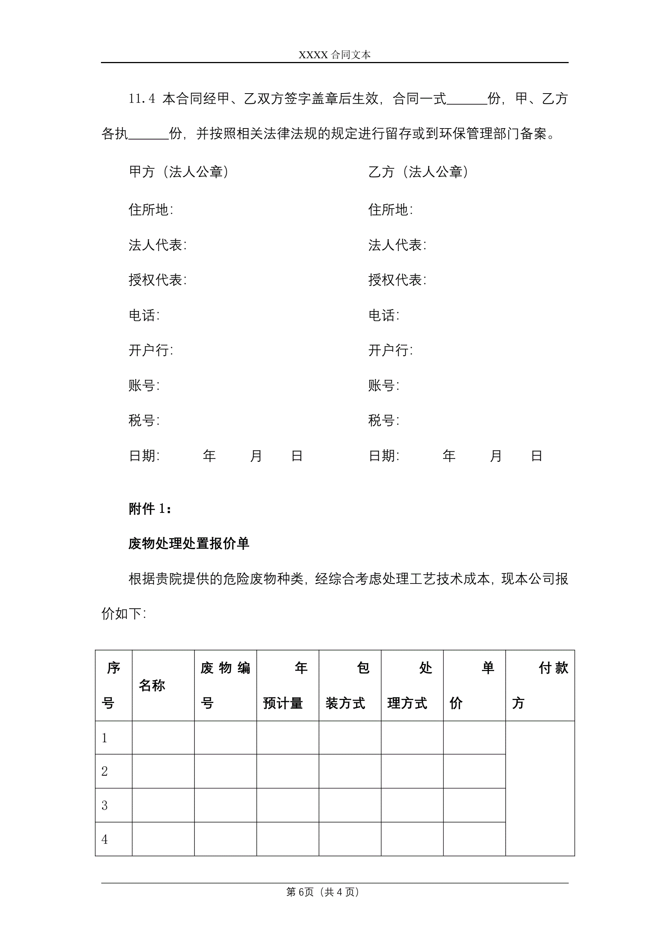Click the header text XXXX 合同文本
click(x=334, y=54)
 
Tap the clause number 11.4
click(x=142, y=99)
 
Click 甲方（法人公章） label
click(x=179, y=172)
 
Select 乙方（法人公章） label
click(x=419, y=172)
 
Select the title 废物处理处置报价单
click(x=188, y=543)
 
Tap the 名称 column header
click(x=152, y=685)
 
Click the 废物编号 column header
click(x=225, y=685)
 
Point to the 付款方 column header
click(x=540, y=685)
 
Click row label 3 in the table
click(x=105, y=805)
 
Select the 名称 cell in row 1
click(x=163, y=738)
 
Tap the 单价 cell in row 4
click(x=474, y=839)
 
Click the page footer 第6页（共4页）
click(x=322, y=892)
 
